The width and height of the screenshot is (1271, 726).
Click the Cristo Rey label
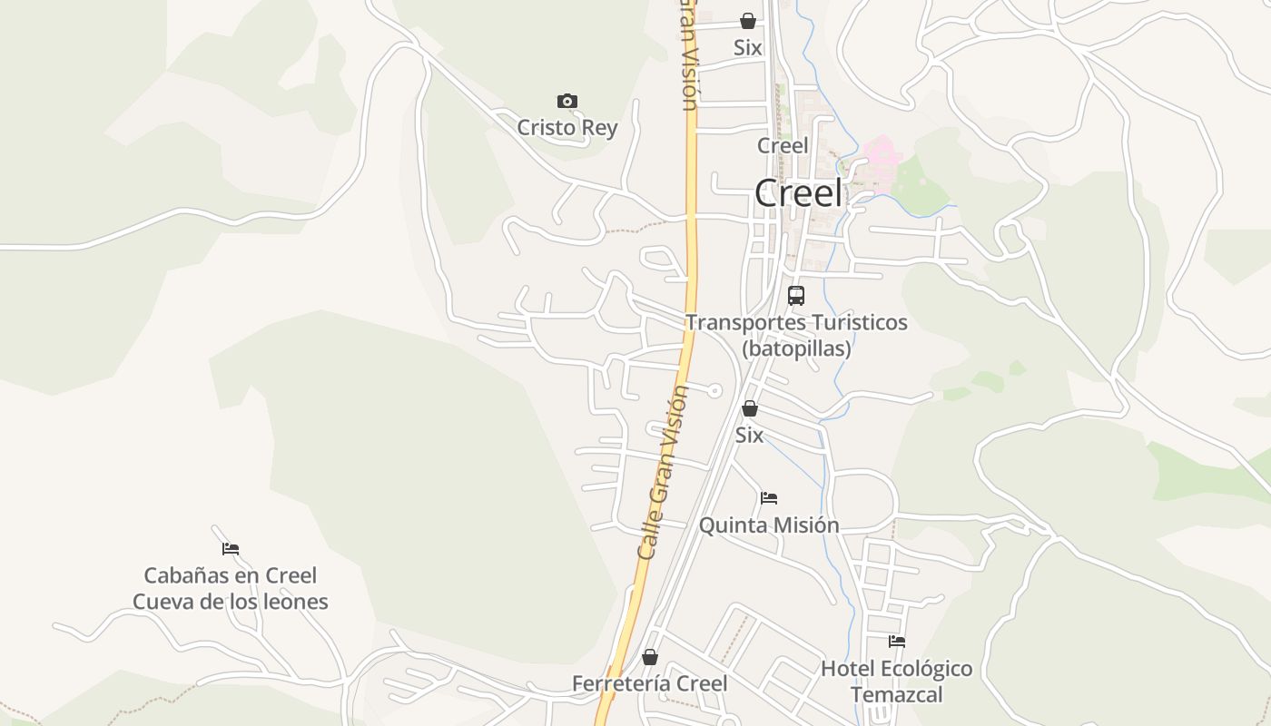point(567,128)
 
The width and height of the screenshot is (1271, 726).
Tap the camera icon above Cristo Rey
point(567,101)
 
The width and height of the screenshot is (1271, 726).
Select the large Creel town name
point(799,193)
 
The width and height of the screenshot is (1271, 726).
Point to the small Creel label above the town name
point(783,145)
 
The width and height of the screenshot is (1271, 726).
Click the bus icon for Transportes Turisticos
point(796,295)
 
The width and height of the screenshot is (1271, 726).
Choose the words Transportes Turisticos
point(796,322)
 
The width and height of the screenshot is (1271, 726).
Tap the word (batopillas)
point(796,348)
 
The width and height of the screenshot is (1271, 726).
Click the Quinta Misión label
point(769,525)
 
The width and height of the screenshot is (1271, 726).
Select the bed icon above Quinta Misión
point(769,497)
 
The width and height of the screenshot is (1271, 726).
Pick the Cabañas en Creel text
point(231,575)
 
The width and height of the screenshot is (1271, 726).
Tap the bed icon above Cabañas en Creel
point(231,548)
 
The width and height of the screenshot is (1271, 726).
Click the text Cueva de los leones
point(231,602)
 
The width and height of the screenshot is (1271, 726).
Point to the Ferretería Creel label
point(650,683)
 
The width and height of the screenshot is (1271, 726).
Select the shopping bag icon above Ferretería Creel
point(650,657)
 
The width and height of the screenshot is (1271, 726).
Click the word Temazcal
point(897,695)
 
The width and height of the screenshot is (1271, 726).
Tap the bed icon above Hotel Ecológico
point(897,642)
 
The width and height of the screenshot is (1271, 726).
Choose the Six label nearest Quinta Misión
point(749,436)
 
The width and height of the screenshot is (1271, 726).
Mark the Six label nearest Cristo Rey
point(748,48)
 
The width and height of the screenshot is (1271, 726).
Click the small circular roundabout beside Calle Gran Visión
point(715,390)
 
